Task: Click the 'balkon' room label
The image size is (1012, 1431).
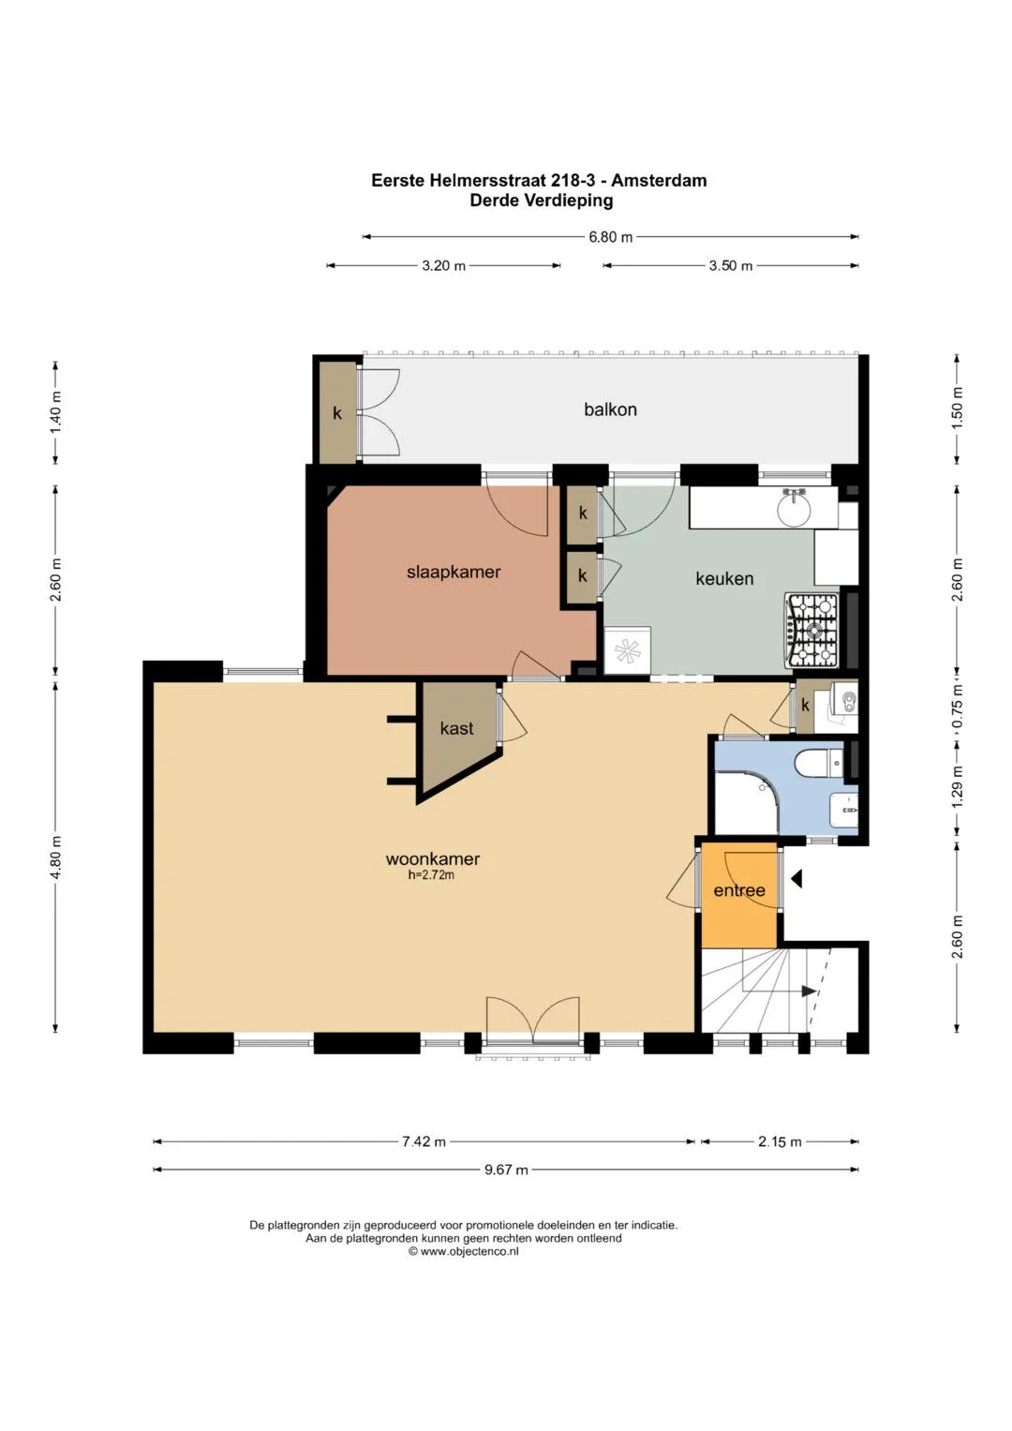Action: [x=610, y=410]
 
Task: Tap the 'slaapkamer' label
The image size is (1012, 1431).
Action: [x=454, y=572]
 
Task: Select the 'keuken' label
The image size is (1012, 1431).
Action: [x=724, y=578]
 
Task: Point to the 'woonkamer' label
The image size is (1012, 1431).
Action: [x=433, y=859]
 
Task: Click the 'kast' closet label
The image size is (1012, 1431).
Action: [x=457, y=727]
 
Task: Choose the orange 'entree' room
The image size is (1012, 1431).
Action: [x=739, y=894]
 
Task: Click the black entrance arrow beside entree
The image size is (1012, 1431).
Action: [x=796, y=880]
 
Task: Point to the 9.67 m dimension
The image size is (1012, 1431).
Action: [x=506, y=1170]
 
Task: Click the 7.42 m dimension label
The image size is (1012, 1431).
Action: [x=424, y=1141]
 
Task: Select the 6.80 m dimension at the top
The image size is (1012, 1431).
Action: [x=610, y=237]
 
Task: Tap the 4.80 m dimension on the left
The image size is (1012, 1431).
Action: [x=55, y=857]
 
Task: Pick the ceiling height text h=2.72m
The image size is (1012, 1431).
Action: [x=431, y=875]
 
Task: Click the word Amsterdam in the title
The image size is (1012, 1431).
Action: [x=659, y=180]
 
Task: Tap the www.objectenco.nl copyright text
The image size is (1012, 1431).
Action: [x=464, y=1251]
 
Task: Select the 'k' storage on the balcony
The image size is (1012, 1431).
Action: [x=338, y=412]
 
